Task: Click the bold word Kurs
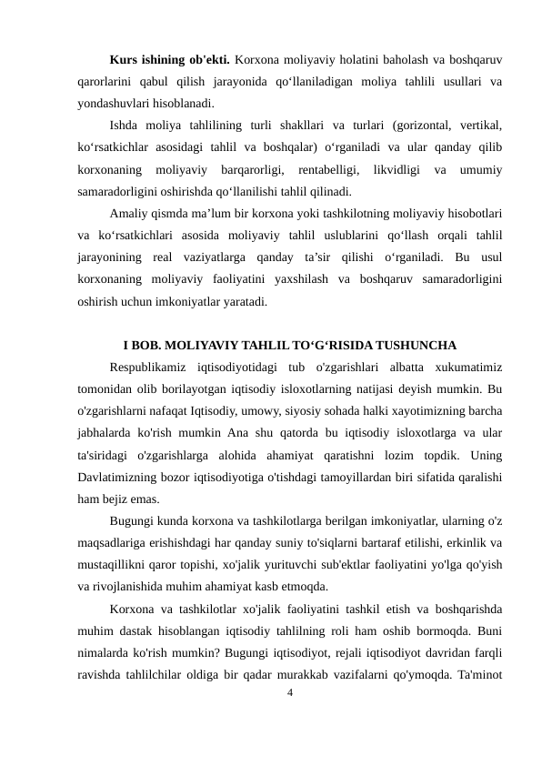pyautogui.click(x=123, y=62)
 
